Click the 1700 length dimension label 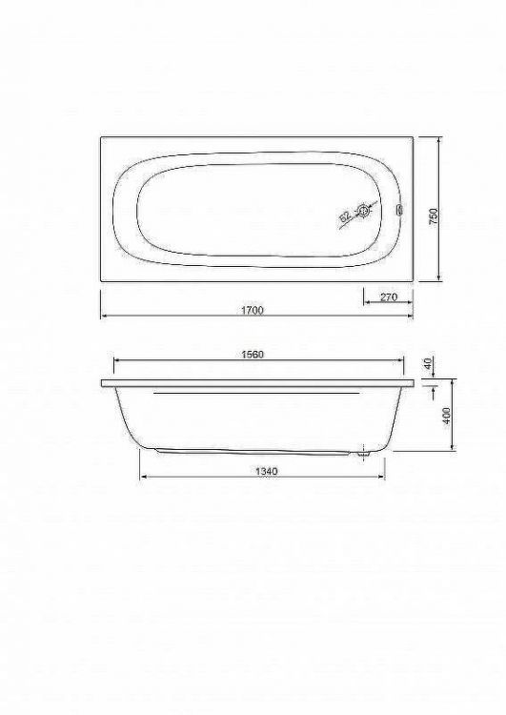click(252, 310)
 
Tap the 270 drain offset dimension click(388, 296)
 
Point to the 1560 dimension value click(251, 354)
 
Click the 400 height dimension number click(446, 416)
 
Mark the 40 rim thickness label click(430, 364)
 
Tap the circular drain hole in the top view click(364, 212)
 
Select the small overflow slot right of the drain click(399, 212)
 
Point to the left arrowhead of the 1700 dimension click(103, 317)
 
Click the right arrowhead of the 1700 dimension click(412, 317)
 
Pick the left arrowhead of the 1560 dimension click(116, 361)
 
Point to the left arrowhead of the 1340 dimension click(142, 476)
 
